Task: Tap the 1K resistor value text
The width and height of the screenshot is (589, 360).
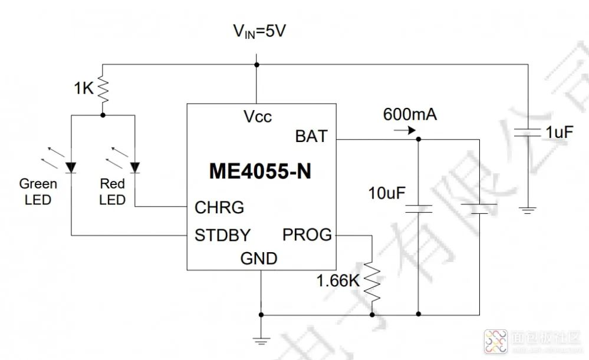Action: pos(84,88)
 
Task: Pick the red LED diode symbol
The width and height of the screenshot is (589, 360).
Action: pos(134,167)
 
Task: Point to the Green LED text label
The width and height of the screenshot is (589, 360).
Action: pos(38,191)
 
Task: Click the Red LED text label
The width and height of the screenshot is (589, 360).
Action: pos(112,191)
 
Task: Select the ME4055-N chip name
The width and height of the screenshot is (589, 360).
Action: pos(260,172)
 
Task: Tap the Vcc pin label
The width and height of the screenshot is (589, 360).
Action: pos(258,117)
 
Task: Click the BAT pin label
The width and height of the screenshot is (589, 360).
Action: pos(311,137)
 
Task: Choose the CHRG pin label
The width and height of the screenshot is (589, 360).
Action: pos(219,207)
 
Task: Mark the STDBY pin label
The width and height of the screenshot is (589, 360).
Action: pos(222,236)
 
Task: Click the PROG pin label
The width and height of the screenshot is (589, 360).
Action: pos(307,235)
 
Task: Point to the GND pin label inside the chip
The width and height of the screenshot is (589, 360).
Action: pos(259,258)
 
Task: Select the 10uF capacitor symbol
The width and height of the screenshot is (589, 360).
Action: pos(418,208)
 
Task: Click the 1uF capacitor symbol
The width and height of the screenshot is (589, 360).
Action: pos(528,134)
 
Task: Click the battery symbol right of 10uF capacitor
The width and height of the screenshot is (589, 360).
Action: pos(479,208)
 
